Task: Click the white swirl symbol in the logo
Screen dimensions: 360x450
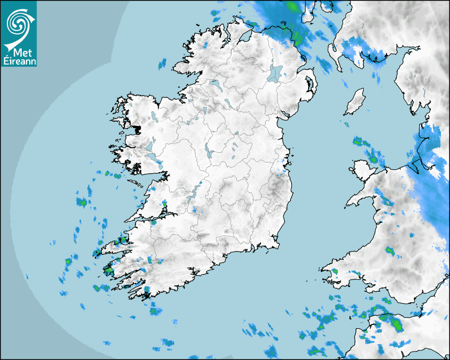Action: [18, 22]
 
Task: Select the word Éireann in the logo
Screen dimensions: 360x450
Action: [19, 61]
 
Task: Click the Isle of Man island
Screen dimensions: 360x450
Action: [355, 102]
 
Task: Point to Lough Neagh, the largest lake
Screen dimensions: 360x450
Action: [275, 73]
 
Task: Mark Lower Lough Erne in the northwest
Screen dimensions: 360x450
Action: [214, 84]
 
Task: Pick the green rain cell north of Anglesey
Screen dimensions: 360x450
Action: [358, 141]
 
